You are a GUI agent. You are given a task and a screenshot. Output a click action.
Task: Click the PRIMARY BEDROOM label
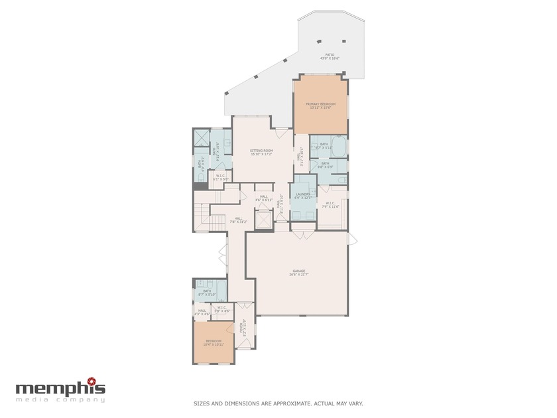coord(320,105)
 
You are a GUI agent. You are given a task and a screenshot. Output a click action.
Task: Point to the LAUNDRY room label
coord(303,195)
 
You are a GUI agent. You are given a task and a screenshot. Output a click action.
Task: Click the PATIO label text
coord(330,56)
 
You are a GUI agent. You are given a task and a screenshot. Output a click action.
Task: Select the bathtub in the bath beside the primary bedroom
coord(338,145)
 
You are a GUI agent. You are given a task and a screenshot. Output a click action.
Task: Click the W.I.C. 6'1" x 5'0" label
coord(221,177)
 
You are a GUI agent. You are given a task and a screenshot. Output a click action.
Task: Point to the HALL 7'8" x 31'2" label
coord(237,220)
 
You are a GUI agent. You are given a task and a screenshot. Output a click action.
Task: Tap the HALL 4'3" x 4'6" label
coord(202,311)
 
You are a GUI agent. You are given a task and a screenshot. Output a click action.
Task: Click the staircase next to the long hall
coord(201,218)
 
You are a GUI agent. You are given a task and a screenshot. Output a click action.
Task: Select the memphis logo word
coord(60,388)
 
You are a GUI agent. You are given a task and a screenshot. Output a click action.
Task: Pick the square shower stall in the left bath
coord(201,138)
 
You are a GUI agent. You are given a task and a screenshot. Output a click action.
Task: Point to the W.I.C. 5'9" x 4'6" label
coord(222,308)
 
